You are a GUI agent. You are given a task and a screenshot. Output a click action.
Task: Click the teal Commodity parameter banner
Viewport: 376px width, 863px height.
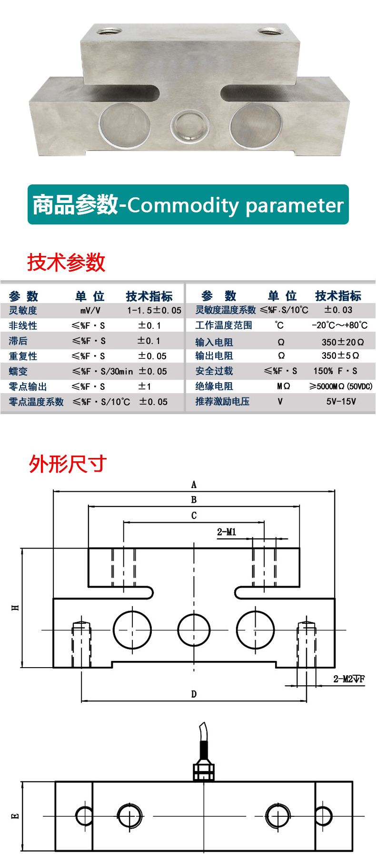188,204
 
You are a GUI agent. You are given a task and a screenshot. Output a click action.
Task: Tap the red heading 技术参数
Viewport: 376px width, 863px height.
66,263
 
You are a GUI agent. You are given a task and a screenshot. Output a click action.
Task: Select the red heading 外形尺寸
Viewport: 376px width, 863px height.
68,464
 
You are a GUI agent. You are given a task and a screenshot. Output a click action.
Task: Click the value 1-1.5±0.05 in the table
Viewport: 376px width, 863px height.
154,310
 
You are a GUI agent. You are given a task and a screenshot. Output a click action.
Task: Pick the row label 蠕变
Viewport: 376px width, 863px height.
18,371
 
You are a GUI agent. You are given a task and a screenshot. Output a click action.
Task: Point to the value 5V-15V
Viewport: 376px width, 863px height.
341,402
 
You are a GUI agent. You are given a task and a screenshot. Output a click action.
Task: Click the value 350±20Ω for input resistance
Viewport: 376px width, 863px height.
343,342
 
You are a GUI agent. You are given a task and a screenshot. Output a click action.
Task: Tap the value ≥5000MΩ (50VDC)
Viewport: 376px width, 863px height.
341,386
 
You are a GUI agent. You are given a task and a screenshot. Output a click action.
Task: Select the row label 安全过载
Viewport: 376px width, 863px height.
214,371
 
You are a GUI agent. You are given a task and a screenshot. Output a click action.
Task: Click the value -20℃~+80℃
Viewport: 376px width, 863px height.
340,325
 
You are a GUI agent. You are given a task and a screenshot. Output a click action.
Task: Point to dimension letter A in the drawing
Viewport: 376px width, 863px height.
194,485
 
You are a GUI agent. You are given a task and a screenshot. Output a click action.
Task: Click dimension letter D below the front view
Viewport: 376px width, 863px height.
194,694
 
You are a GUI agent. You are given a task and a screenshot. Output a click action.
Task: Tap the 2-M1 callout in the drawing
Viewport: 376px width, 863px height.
227,532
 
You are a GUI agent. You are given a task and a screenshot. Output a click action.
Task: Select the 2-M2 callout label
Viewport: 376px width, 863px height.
349,679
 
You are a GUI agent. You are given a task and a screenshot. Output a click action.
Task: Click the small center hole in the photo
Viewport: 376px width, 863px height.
190,125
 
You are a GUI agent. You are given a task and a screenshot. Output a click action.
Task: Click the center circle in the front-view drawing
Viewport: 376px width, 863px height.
194,630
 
